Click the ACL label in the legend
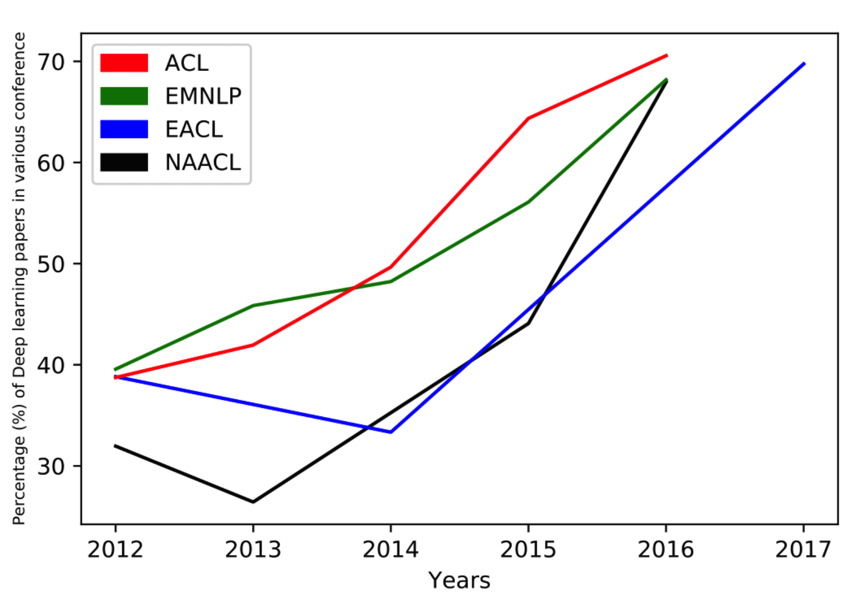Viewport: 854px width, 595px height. pos(187,63)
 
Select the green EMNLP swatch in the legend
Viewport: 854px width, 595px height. pos(124,96)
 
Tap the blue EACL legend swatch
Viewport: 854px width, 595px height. pos(124,129)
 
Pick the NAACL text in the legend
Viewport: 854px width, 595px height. pos(203,162)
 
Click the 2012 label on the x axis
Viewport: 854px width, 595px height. pos(115,550)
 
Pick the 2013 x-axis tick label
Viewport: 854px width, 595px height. pos(253,550)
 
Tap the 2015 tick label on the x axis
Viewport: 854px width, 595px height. pos(528,550)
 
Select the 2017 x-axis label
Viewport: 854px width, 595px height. pos(803,550)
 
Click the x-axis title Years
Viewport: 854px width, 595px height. pos(460,581)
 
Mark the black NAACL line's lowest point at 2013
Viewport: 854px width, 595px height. pos(253,502)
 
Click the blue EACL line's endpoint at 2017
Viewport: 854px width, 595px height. pos(804,63)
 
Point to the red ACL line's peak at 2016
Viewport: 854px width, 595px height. pos(667,55)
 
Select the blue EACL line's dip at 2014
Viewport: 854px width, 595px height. pos(391,432)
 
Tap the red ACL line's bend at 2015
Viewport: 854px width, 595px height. pos(528,118)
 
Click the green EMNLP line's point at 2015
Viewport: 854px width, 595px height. pos(528,202)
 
